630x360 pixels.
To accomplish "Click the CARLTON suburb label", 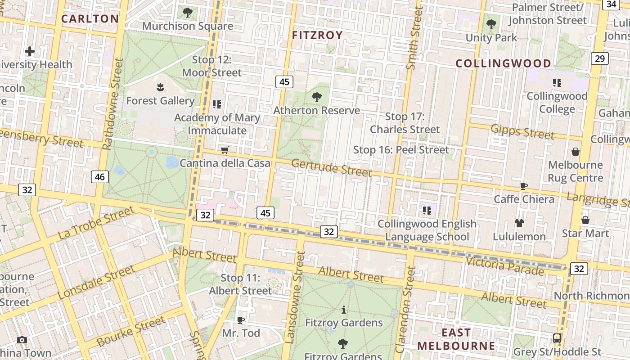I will [90, 19].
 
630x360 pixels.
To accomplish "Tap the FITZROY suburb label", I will [317, 35].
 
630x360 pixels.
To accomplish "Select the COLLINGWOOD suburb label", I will [503, 63].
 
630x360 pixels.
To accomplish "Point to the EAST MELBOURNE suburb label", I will [456, 339].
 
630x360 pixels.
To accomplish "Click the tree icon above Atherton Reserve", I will [317, 97].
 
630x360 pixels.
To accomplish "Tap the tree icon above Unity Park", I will [491, 24].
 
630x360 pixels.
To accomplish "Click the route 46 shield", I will [100, 177].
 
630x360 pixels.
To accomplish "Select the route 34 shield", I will [611, 4].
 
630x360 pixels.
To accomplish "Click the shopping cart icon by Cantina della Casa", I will [225, 150].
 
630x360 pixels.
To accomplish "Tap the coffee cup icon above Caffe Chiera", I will [523, 186].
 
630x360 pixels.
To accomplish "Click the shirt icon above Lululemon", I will [519, 223].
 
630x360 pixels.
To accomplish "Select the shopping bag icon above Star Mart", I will [585, 220].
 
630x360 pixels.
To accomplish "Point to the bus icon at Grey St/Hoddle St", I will [557, 338].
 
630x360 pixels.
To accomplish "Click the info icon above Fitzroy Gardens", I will [344, 310].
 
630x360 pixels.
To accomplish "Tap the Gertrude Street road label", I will [332, 168].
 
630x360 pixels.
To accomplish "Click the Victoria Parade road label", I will [504, 265].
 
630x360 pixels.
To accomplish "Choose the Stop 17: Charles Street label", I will [405, 123].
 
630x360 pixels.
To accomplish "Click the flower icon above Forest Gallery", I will [160, 87].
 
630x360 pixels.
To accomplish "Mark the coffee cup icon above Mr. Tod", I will [241, 320].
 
